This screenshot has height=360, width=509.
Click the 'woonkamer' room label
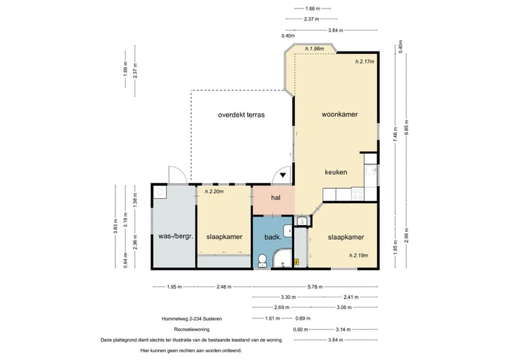coord(339,115)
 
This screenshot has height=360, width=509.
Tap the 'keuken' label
coord(336,172)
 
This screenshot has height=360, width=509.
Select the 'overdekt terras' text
coord(241,115)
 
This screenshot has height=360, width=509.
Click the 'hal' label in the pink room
coord(276,197)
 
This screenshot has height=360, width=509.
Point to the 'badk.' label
coord(273,237)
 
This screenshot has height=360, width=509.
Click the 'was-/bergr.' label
coord(175,236)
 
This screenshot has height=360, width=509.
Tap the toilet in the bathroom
coord(262,261)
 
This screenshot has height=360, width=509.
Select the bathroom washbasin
coord(288,231)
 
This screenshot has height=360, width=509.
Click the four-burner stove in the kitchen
coord(358,194)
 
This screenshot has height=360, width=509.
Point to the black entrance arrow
coord(283,175)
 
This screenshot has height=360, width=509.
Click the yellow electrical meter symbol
coord(296,261)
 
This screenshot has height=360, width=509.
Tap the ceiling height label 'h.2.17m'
coord(365,62)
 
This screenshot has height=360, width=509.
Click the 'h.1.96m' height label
coord(315,49)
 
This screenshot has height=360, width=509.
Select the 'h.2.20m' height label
coord(214,192)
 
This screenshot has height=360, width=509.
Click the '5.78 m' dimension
coord(315,287)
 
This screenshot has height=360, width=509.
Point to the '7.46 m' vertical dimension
coord(395,134)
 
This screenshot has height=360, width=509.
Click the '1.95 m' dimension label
coord(175,287)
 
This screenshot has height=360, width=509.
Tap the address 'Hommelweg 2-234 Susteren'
coord(192,319)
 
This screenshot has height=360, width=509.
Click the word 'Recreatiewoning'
coord(192,330)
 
